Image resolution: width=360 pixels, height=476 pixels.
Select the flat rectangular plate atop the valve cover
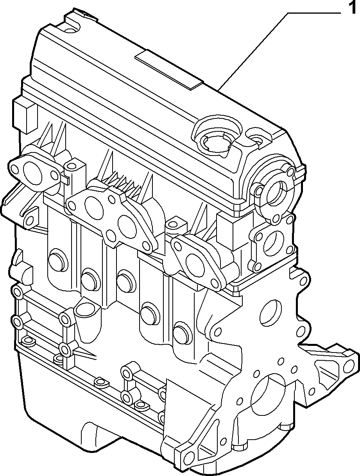[x=169, y=70]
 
